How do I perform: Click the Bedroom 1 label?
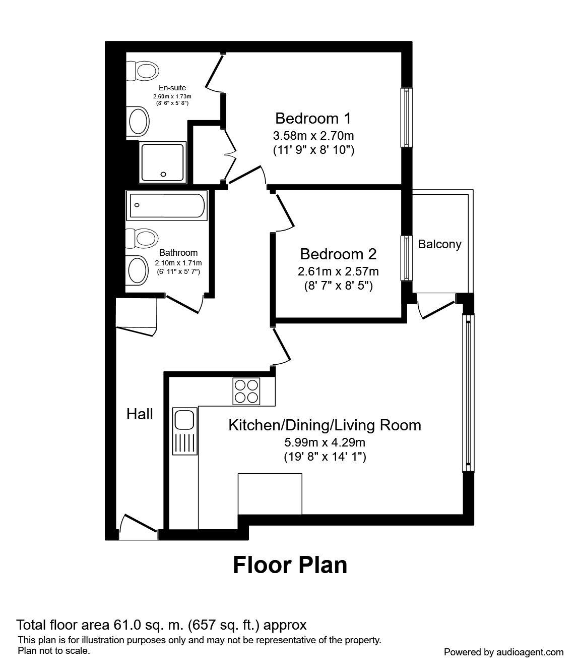click(313, 119)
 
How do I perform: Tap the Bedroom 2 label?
click(338, 254)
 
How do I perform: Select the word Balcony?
click(439, 245)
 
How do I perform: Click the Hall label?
click(140, 414)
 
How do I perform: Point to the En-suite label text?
click(172, 88)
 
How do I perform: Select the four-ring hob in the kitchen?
click(246, 391)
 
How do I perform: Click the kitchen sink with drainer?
click(184, 431)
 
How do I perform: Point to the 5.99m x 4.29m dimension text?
click(325, 443)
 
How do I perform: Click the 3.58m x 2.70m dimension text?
click(313, 136)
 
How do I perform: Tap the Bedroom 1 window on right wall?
click(406, 118)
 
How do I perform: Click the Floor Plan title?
click(290, 565)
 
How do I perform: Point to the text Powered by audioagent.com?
click(503, 652)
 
